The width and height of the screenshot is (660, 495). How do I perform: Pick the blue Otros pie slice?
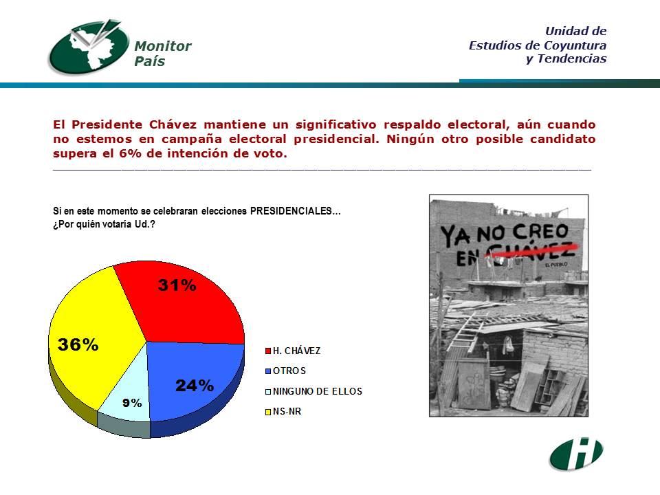click(x=194, y=379)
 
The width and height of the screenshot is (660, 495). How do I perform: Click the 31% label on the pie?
click(x=177, y=285)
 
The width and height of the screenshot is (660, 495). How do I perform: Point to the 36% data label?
click(x=78, y=344)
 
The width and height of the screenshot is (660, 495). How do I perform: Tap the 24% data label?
click(x=195, y=386)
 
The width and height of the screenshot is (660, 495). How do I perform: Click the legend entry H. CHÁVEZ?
click(x=293, y=351)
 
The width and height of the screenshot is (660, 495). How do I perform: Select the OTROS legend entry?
click(x=285, y=371)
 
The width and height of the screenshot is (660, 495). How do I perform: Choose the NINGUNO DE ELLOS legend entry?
click(x=313, y=391)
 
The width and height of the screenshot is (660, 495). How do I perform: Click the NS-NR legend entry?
click(x=283, y=411)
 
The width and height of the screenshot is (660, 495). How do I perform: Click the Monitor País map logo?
click(x=89, y=47)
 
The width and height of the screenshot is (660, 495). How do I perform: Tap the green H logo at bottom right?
click(x=576, y=454)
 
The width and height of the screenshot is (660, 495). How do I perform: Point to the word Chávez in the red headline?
click(x=173, y=124)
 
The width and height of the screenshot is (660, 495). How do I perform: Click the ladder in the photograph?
click(x=467, y=332)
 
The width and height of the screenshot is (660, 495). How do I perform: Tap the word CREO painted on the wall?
click(x=540, y=232)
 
